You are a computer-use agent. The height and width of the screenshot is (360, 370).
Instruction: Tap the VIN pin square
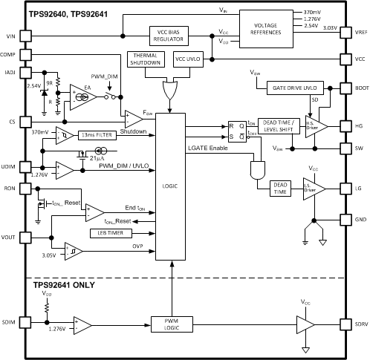pyautogui.click(x=25, y=35)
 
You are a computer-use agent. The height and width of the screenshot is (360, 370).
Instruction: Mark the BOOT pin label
pyautogui.click(x=360, y=87)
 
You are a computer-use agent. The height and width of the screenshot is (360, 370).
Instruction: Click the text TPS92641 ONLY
pyautogui.click(x=63, y=285)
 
